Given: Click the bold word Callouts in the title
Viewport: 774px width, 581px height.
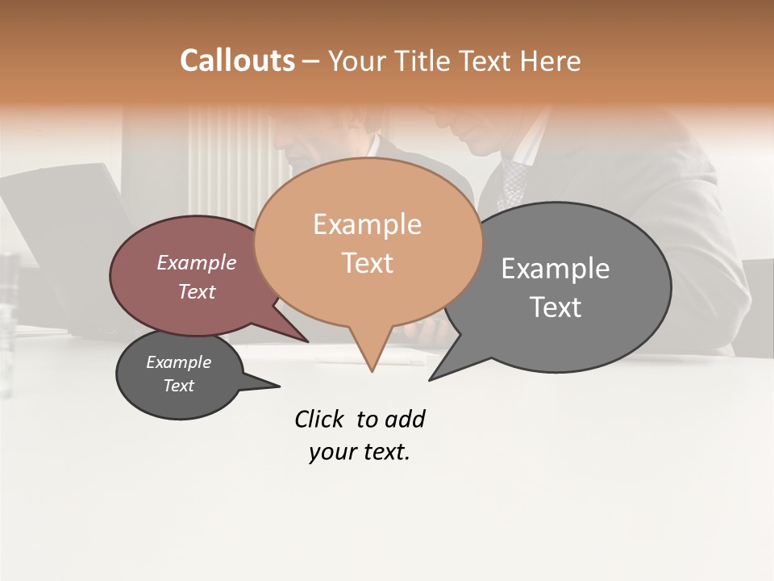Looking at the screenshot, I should tap(237, 61).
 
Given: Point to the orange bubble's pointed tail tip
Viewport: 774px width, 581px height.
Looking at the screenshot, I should tap(372, 371).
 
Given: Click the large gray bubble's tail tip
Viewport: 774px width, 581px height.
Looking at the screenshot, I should tap(430, 379).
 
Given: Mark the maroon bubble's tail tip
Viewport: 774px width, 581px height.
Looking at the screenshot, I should tap(308, 341).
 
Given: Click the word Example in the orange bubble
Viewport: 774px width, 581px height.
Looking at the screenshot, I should tap(367, 224).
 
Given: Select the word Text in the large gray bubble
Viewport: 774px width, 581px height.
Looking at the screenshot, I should tap(556, 307).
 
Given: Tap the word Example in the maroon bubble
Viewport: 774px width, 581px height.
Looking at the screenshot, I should tap(197, 262).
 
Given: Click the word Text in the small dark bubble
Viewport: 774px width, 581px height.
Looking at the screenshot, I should tap(179, 386).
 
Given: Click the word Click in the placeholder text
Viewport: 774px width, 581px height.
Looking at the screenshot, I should tap(319, 419).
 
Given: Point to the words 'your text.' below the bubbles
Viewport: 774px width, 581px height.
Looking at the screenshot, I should tap(360, 452).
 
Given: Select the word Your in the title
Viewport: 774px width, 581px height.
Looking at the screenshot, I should tap(356, 61).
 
